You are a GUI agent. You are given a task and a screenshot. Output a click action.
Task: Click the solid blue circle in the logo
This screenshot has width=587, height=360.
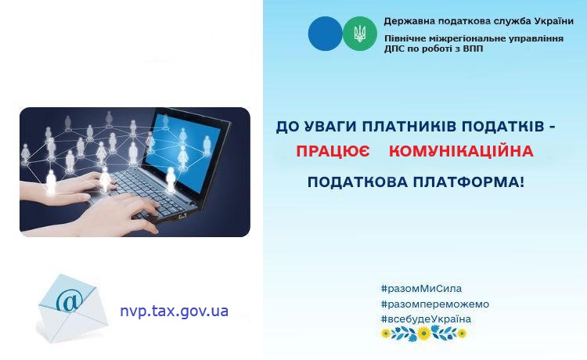pos(325,34)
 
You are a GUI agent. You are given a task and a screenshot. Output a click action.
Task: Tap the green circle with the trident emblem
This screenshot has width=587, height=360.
pos(360,34)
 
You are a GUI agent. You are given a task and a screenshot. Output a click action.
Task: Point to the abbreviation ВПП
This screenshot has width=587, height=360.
pos(473,49)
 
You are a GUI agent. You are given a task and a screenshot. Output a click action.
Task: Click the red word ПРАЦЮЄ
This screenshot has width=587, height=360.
pos(333,151)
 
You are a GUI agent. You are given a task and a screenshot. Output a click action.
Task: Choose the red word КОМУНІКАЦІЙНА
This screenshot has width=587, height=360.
pos(461,151)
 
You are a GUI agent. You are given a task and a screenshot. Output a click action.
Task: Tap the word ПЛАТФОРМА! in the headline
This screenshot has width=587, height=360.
pos(469,182)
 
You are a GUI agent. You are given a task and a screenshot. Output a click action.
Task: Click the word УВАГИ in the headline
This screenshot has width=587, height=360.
pos(330,127)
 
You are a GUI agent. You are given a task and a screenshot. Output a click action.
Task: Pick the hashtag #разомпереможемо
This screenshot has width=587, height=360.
pos(435,304)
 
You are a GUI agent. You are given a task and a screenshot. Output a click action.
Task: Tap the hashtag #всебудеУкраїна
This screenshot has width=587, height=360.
pos(426,319)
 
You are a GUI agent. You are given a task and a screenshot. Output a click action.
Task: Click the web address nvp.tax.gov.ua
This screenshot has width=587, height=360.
pos(174,311)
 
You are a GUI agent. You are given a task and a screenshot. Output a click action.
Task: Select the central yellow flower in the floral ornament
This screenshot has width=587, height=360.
pos(423,333)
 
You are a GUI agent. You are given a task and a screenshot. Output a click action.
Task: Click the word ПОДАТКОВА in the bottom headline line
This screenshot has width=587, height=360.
pos(358,182)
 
